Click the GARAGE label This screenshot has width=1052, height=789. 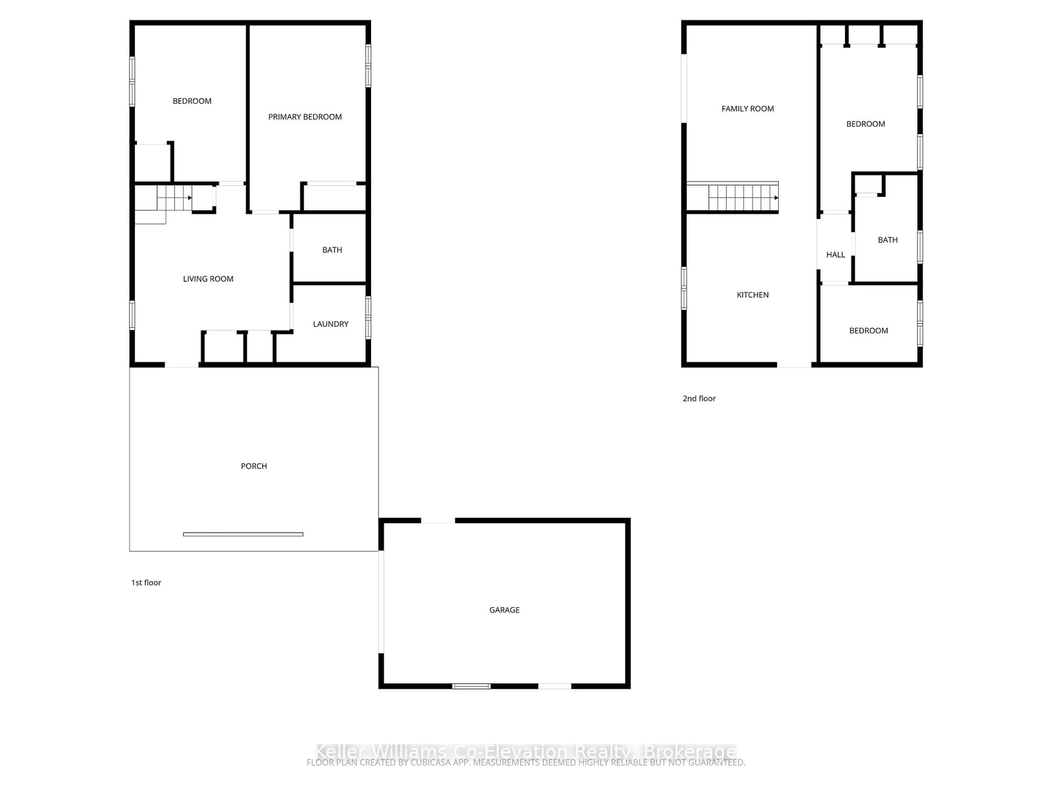504,610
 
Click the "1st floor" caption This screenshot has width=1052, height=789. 146,583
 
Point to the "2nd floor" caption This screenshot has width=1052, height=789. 699,399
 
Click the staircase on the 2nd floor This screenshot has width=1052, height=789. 742,197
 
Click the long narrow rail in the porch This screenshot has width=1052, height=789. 243,534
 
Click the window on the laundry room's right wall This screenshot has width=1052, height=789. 368,318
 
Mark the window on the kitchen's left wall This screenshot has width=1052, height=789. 684,288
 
